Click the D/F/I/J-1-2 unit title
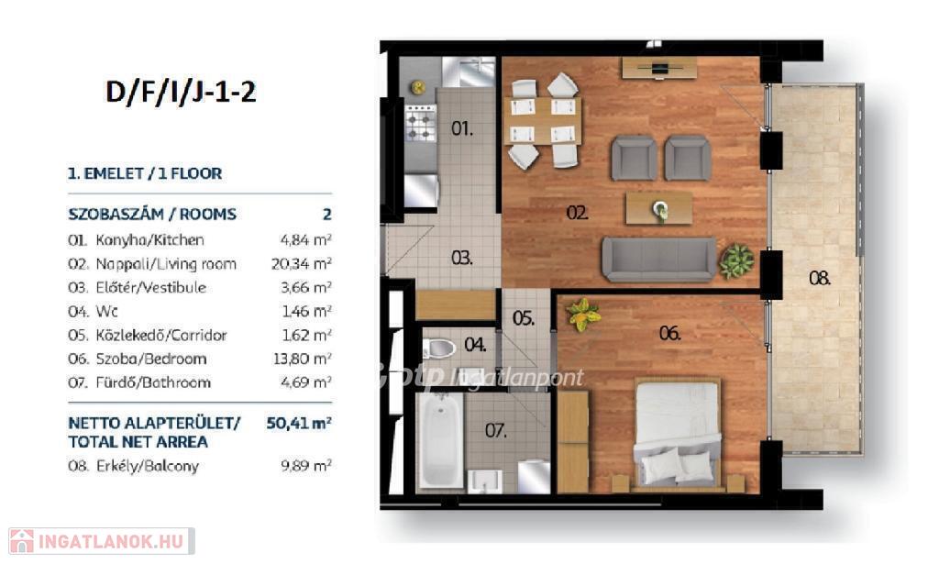coord(181,93)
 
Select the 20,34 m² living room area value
coord(301,263)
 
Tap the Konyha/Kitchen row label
coord(149,240)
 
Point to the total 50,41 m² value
coord(299,423)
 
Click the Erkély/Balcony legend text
coord(148,467)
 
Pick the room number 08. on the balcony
coord(819,278)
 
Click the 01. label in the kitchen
coord(462,128)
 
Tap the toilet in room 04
coord(439,348)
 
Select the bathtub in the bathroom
coord(440,440)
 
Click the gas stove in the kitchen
coord(421,123)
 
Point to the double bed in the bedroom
coord(678,433)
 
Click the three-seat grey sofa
coord(658,259)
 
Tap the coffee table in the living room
coord(658,208)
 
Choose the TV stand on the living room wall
coord(658,68)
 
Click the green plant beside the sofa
coord(736,261)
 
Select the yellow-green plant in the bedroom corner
coord(582,314)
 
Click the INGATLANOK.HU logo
coord(101,541)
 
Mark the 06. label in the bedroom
coord(669,333)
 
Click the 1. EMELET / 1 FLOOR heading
coord(144,173)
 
